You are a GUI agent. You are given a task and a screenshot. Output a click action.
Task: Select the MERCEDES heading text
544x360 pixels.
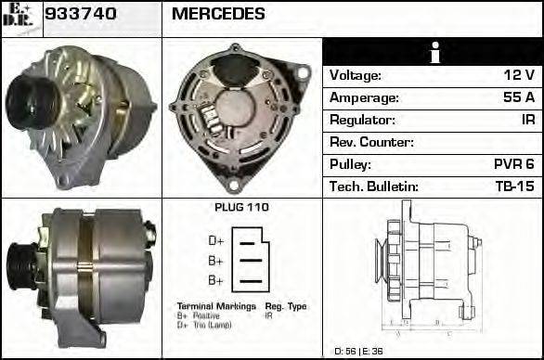tap(218, 15)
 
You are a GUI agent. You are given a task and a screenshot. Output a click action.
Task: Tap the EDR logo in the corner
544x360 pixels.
tap(20, 17)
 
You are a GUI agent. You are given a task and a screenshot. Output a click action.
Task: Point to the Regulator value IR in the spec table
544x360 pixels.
tap(527, 120)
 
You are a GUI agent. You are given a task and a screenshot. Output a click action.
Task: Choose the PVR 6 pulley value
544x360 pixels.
tap(513, 164)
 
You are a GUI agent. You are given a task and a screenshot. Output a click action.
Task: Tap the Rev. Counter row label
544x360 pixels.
tap(371, 142)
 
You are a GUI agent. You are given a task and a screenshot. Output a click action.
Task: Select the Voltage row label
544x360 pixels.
tap(356, 75)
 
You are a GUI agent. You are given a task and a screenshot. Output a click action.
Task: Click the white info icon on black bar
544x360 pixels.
tap(432, 52)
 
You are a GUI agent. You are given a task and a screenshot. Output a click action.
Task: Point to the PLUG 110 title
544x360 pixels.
tap(241, 207)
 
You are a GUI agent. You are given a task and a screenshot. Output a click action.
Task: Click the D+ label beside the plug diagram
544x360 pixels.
tap(216, 241)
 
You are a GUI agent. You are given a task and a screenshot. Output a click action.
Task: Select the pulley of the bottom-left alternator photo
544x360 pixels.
tap(19, 269)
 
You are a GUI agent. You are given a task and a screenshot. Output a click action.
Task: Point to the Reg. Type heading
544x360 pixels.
tap(285, 306)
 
